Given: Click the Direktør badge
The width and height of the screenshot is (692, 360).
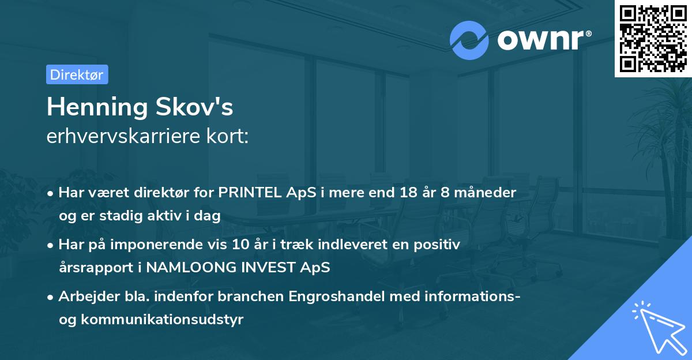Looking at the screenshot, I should point(77,74).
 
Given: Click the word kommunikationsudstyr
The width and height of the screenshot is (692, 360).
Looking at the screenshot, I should point(162,320).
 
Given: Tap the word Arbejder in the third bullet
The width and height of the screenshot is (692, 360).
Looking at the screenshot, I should point(85,297).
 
